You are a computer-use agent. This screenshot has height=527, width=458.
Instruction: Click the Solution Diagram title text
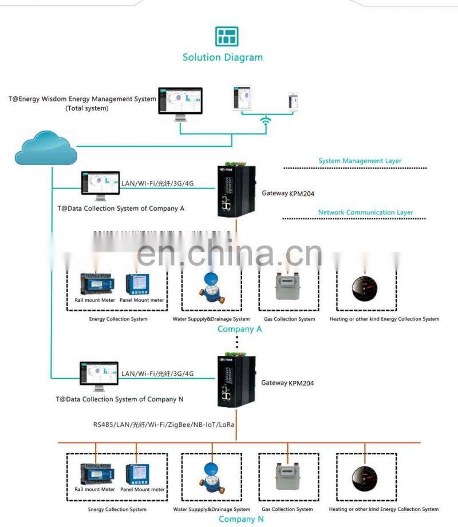pyautogui.click(x=223, y=57)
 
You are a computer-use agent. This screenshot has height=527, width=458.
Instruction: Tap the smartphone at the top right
pyautogui.click(x=293, y=100)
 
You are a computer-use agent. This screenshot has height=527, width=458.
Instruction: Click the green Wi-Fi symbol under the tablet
pyautogui.click(x=265, y=121)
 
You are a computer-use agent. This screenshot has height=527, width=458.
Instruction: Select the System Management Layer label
pyautogui.click(x=360, y=161)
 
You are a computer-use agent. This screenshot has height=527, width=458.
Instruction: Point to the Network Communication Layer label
pyautogui.click(x=365, y=213)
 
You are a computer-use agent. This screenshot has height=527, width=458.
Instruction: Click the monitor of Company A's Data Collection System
pyautogui.click(x=100, y=186)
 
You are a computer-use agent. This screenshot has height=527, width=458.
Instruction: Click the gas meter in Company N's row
pyautogui.click(x=289, y=475)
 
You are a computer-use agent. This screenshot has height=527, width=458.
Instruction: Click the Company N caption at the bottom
pyautogui.click(x=237, y=519)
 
